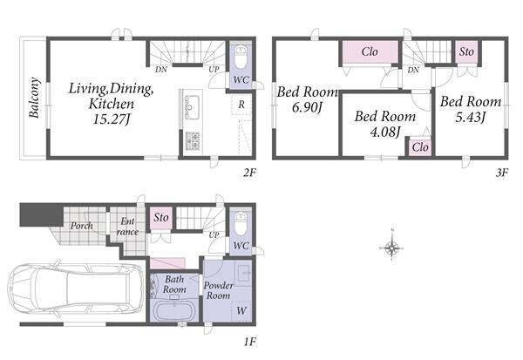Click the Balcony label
click(34, 98)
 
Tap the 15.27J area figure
click(111, 119)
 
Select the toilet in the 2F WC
click(241, 57)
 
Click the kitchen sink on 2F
click(192, 106)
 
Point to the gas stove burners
click(193, 140)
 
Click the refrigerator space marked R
click(241, 105)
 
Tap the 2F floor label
click(249, 173)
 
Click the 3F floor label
click(502, 173)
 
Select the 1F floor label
click(249, 342)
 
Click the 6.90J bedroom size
click(307, 107)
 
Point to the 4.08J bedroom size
click(385, 132)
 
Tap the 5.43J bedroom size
click(471, 117)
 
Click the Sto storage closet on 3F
click(466, 51)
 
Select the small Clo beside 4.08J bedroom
click(420, 146)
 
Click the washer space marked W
click(241, 310)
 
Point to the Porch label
click(82, 226)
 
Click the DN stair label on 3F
click(413, 70)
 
